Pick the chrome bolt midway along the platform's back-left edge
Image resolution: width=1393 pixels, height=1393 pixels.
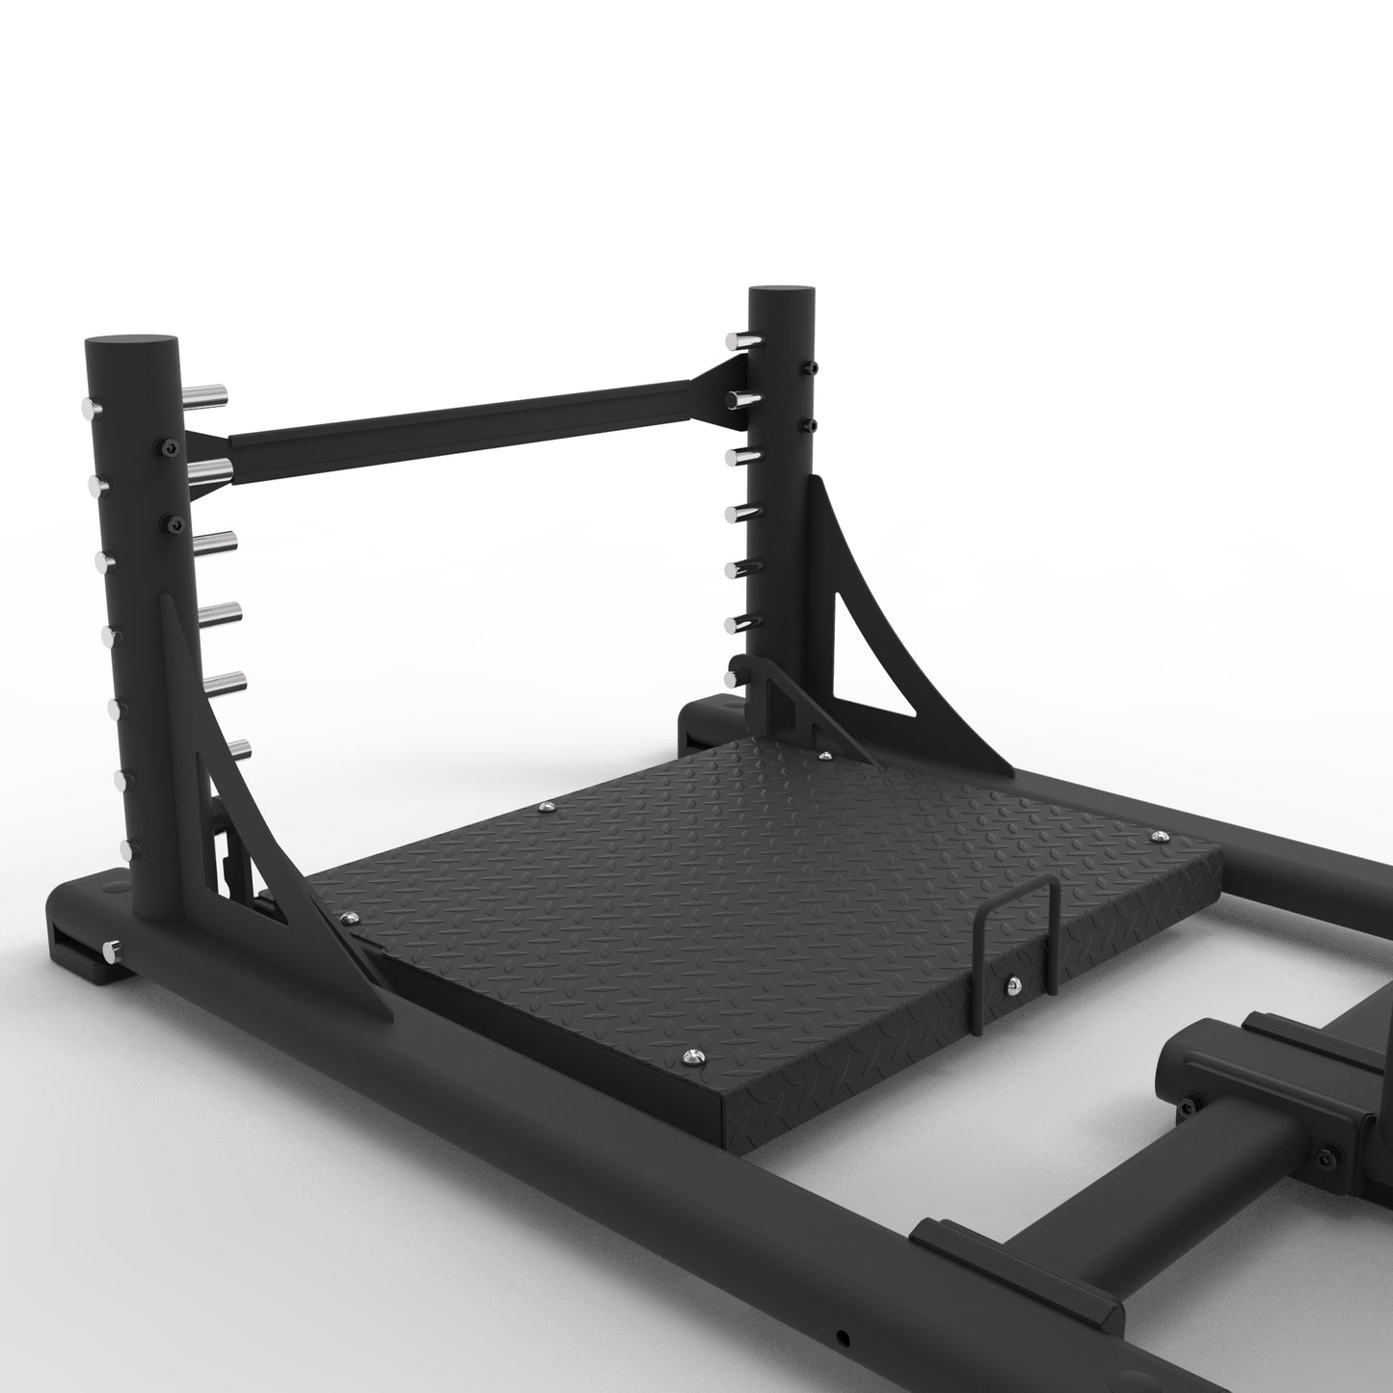pos(547,807)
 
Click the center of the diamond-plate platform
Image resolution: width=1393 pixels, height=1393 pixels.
pos(762,868)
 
